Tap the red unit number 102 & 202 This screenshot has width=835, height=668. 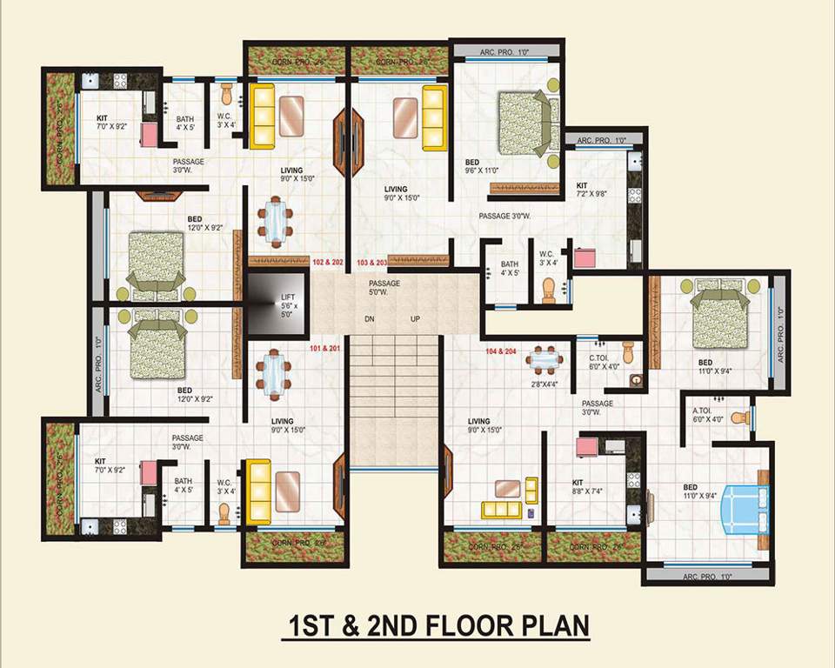[327, 261]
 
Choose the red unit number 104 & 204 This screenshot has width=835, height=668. [504, 351]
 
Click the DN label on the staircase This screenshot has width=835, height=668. [370, 319]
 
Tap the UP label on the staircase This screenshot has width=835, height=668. [415, 319]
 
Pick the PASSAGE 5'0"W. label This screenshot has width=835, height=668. [384, 287]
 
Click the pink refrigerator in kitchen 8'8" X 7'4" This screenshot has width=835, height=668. [585, 446]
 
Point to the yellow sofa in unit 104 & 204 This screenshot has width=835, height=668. [502, 510]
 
